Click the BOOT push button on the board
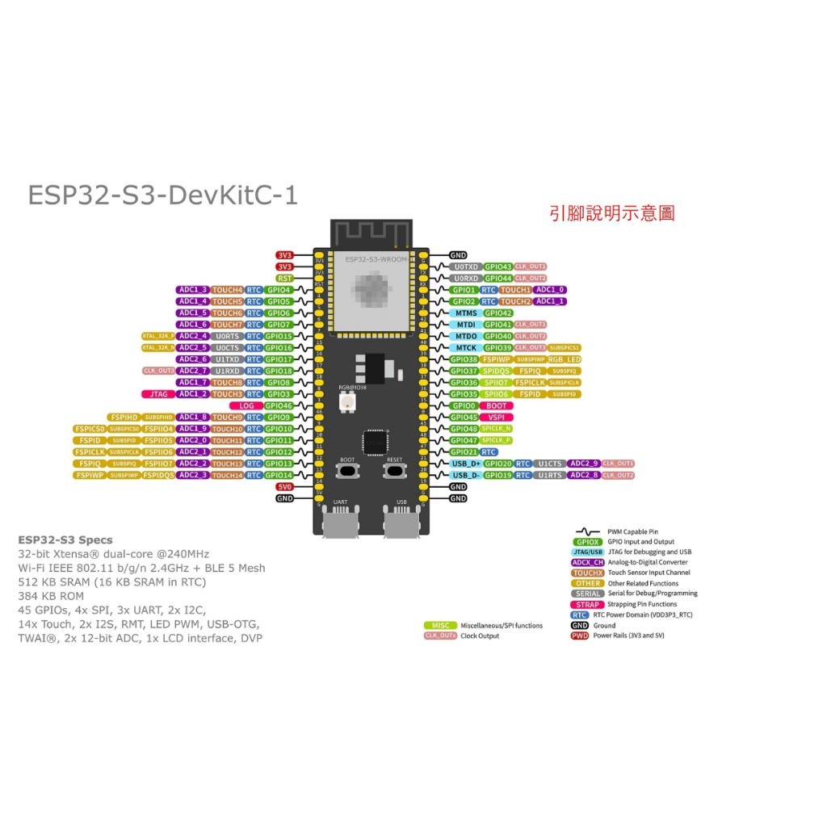pyautogui.click(x=347, y=470)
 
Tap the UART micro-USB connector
pyautogui.click(x=340, y=523)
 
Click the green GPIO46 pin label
pyautogui.click(x=279, y=405)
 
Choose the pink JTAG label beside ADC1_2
pyautogui.click(x=158, y=394)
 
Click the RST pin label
pyautogui.click(x=284, y=278)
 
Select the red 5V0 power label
pyautogui.click(x=284, y=487)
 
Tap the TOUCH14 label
pyautogui.click(x=227, y=476)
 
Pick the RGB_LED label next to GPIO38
pyautogui.click(x=564, y=359)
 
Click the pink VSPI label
pyautogui.click(x=497, y=418)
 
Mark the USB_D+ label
pyautogui.click(x=466, y=464)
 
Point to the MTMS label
pyautogui.click(x=466, y=313)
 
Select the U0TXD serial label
pyautogui.click(x=466, y=267)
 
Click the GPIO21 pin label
pyautogui.click(x=464, y=452)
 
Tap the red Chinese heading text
pyautogui.click(x=611, y=213)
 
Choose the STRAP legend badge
pyautogui.click(x=587, y=604)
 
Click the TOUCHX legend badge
pyautogui.click(x=587, y=573)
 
